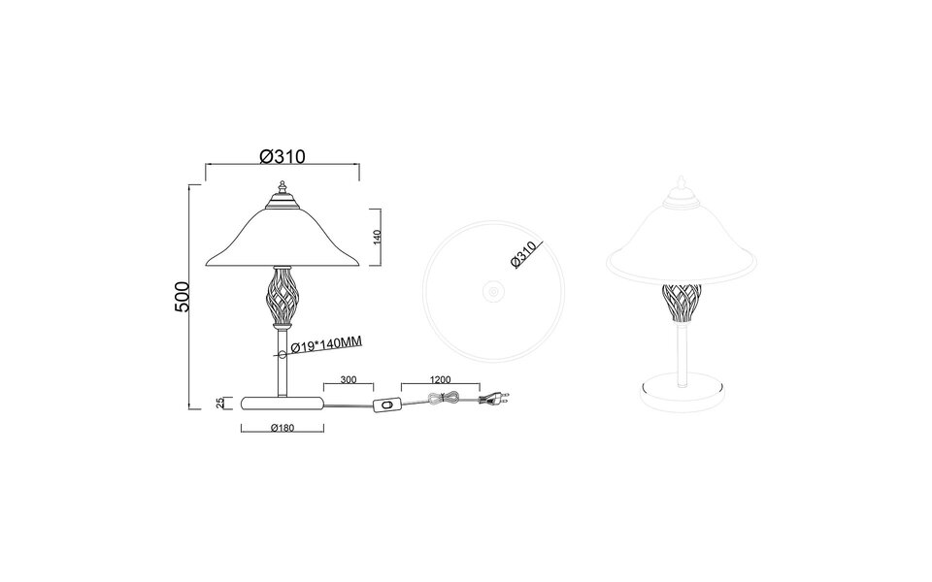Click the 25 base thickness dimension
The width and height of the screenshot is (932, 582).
[x=219, y=402]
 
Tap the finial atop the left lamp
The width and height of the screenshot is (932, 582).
[x=281, y=187]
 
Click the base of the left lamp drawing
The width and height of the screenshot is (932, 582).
[x=282, y=402]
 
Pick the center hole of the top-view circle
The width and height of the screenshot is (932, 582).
[x=492, y=290]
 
